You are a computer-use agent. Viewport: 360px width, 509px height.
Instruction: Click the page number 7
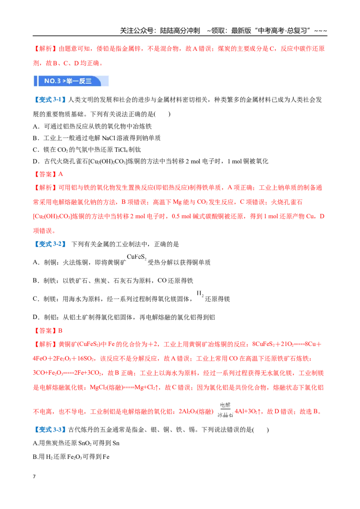[34, 477]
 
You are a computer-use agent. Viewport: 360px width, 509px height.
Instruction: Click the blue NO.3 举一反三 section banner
[71, 81]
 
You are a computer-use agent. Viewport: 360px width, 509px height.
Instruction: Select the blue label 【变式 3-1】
[49, 100]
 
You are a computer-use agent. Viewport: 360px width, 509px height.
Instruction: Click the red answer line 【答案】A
[48, 174]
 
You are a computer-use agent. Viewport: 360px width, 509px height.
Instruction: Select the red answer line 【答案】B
[48, 331]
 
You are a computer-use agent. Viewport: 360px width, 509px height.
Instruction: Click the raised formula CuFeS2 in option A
[136, 257]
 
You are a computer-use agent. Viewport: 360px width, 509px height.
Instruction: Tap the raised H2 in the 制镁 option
[200, 294]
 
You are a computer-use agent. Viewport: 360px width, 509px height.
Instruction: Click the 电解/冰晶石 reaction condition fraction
[225, 410]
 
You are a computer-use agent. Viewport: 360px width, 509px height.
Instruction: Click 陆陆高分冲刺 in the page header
[180, 31]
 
